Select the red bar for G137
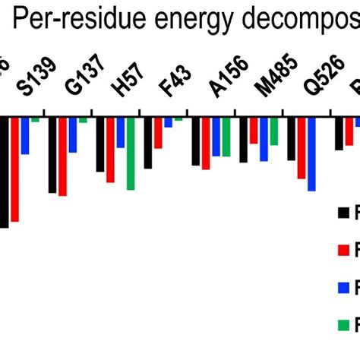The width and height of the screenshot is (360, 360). coord(62,156)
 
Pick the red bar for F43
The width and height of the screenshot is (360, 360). coord(158,133)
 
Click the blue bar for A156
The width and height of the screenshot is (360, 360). coord(216,137)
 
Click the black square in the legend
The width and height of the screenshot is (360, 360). coord(344,212)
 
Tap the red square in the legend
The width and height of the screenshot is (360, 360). coord(344,249)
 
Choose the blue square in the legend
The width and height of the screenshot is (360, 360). coord(344,287)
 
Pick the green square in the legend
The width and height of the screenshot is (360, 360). coord(344,325)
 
